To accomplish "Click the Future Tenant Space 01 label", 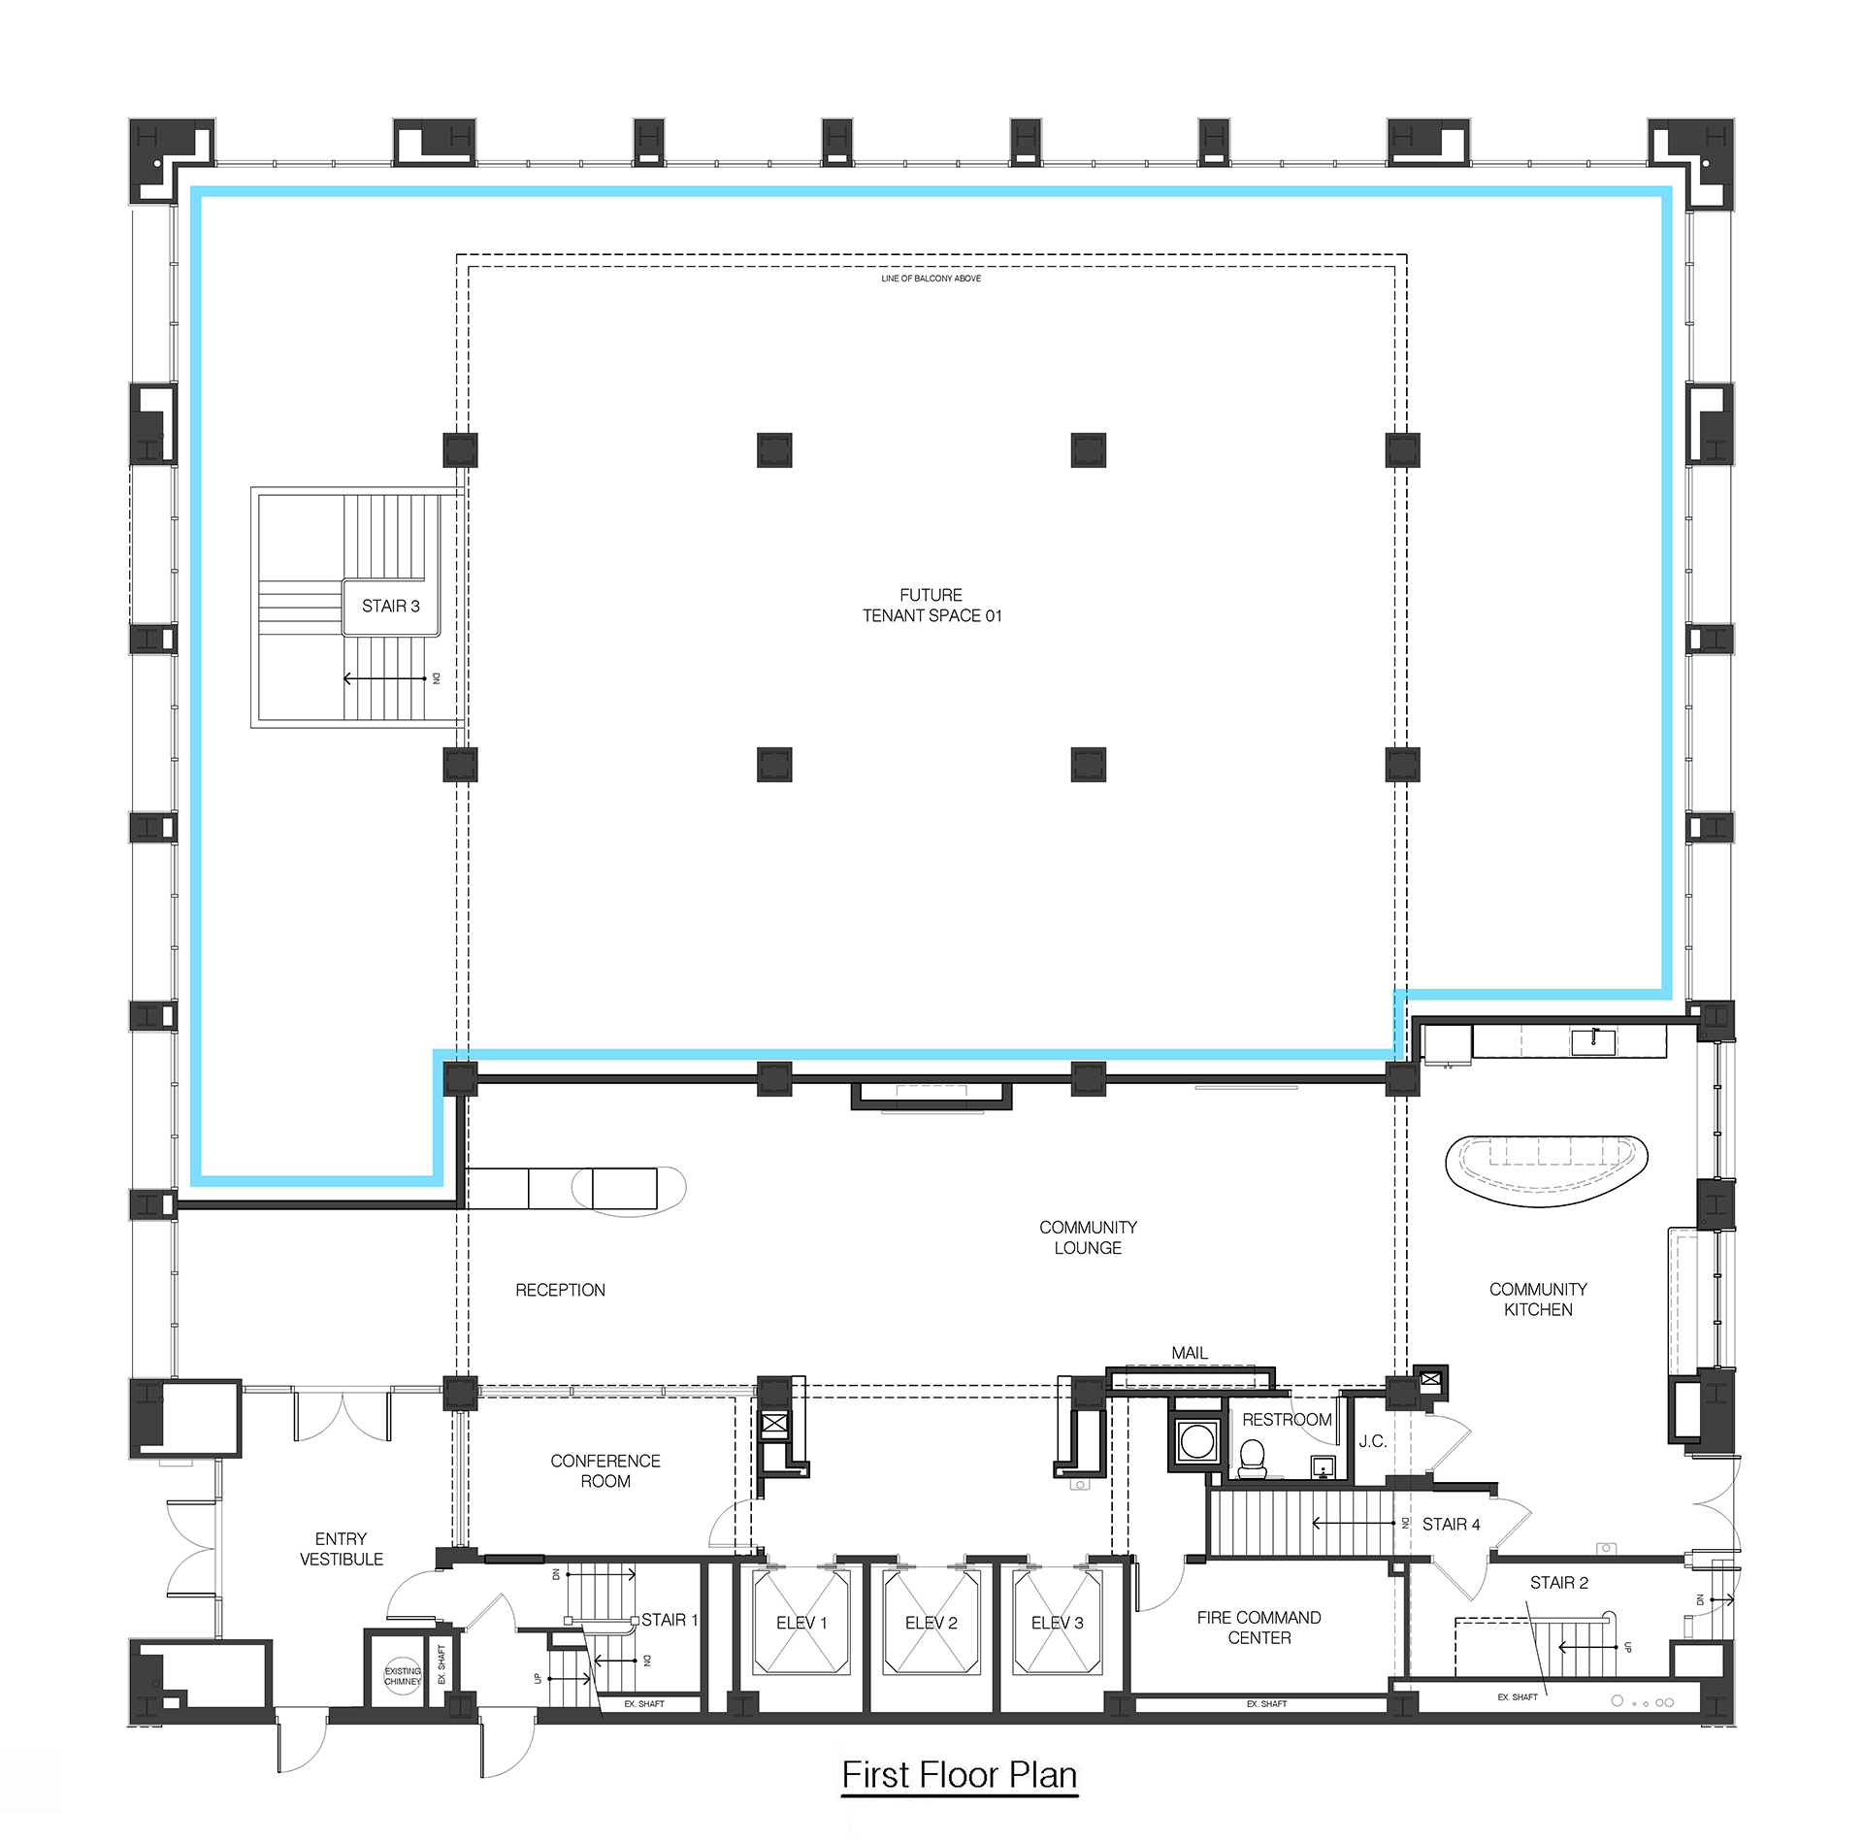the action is pyautogui.click(x=931, y=605).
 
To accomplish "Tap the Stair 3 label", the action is pyautogui.click(x=391, y=606).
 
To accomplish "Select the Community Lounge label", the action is pyautogui.click(x=1088, y=1237).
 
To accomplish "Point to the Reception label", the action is pyautogui.click(x=560, y=1290).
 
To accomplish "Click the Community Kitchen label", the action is pyautogui.click(x=1538, y=1299).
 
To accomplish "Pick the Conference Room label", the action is pyautogui.click(x=605, y=1470).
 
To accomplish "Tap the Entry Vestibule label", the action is pyautogui.click(x=342, y=1549).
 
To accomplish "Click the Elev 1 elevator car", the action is pyautogui.click(x=801, y=1623).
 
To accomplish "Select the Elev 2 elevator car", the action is pyautogui.click(x=931, y=1623).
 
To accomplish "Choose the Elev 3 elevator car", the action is pyautogui.click(x=1058, y=1623).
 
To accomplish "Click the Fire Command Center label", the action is pyautogui.click(x=1258, y=1628).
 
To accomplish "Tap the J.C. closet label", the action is pyautogui.click(x=1372, y=1441).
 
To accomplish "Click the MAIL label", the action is pyautogui.click(x=1190, y=1353).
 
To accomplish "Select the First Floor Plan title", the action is pyautogui.click(x=960, y=1775).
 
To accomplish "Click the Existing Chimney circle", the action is pyautogui.click(x=403, y=1676).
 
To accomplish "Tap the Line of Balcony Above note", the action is pyautogui.click(x=931, y=279).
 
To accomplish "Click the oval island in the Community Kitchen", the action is pyautogui.click(x=1547, y=1169).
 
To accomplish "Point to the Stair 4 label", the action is pyautogui.click(x=1451, y=1525).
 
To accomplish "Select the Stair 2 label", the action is pyautogui.click(x=1558, y=1583).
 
